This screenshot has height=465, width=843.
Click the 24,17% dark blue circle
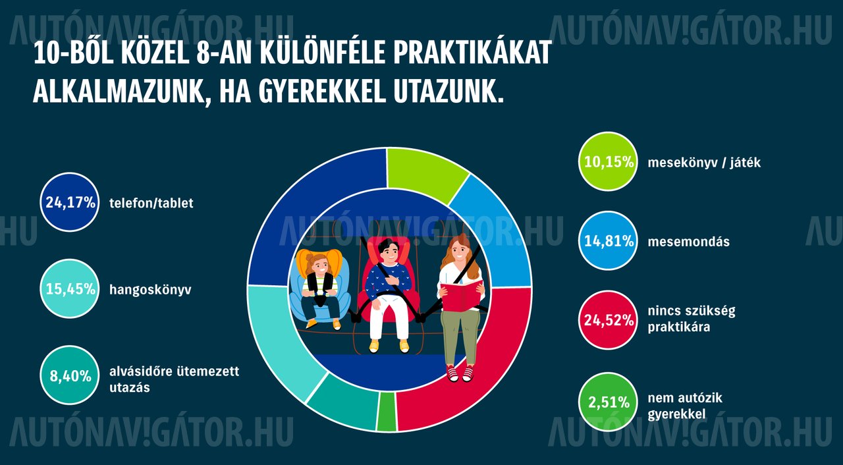pyautogui.click(x=70, y=202)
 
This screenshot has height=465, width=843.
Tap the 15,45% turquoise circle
pyautogui.click(x=70, y=289)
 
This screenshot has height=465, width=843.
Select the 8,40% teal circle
pyautogui.click(x=70, y=375)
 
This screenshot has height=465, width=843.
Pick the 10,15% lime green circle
pyautogui.click(x=608, y=162)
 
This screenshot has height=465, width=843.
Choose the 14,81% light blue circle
pyautogui.click(x=608, y=241)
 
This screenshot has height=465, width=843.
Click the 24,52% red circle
pyautogui.click(x=608, y=320)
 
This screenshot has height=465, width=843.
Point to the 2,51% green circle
pyautogui.click(x=608, y=402)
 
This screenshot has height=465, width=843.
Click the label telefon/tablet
pyautogui.click(x=151, y=203)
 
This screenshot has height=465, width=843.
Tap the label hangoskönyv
pyautogui.click(x=150, y=290)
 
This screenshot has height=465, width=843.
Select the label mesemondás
pyautogui.click(x=689, y=241)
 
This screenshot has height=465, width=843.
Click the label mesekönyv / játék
pyautogui.click(x=704, y=163)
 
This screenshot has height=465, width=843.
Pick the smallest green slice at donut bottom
pyautogui.click(x=387, y=412)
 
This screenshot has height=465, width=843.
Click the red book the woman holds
pyautogui.click(x=462, y=296)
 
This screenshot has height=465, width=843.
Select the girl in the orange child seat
pyautogui.click(x=320, y=290)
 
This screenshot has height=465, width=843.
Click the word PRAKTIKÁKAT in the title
pyautogui.click(x=473, y=53)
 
